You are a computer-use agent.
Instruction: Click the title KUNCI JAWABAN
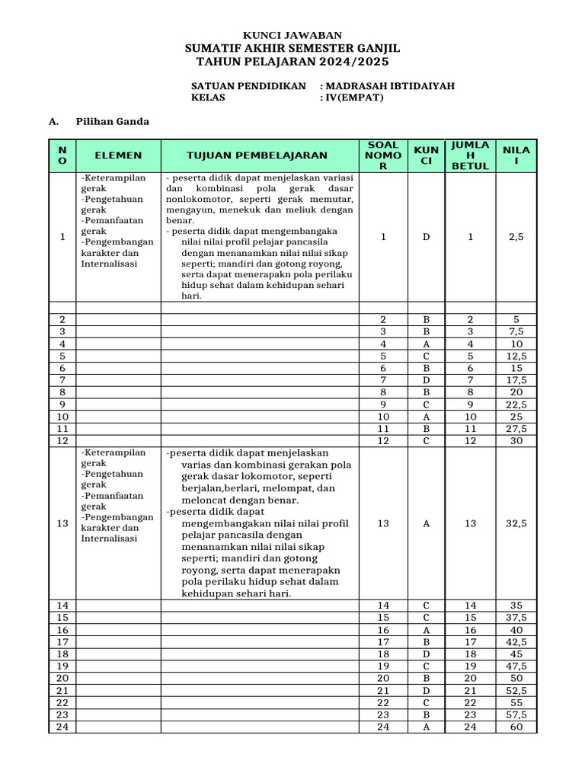(x=292, y=35)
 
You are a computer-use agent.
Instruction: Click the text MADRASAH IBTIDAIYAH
(x=390, y=86)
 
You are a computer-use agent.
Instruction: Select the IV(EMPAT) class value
(x=355, y=98)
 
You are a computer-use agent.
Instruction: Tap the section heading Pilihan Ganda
(x=112, y=121)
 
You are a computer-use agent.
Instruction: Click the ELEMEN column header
(x=118, y=155)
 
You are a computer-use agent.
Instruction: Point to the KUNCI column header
(x=426, y=155)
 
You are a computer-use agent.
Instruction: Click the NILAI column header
(x=516, y=155)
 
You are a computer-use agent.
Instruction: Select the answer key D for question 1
(x=426, y=237)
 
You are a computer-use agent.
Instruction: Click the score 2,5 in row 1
(x=516, y=237)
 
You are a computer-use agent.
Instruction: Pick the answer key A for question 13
(x=426, y=523)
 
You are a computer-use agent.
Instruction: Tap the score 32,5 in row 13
(x=516, y=523)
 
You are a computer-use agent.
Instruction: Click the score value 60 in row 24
(x=516, y=727)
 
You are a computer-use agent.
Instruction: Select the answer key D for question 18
(x=426, y=654)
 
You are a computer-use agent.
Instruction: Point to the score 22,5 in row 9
(x=516, y=404)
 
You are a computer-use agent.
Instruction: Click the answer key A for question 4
(x=426, y=344)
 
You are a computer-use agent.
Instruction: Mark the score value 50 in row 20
(x=516, y=678)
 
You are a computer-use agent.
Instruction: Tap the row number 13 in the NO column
(x=62, y=523)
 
